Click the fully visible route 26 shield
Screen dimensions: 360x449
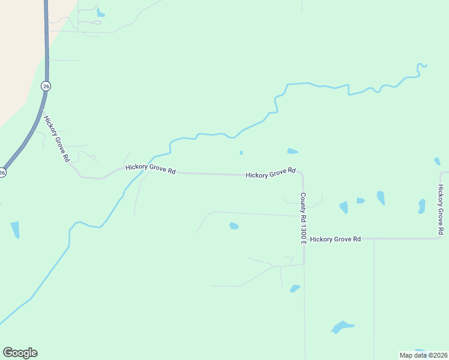coord(46,86)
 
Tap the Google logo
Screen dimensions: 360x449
coord(20,353)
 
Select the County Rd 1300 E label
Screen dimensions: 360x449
coord(304,218)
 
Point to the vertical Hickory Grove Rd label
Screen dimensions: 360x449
coord(441,209)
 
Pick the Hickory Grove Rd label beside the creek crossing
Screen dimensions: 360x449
coord(150,170)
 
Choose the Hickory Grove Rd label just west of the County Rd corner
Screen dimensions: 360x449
coord(271,173)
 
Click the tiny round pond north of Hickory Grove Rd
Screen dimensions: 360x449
coord(241,152)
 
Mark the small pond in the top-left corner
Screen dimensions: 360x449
coord(100,13)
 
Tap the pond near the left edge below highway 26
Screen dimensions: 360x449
coord(15,229)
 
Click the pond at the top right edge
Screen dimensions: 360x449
coord(437,161)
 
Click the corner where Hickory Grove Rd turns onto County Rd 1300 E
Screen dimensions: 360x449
coord(302,174)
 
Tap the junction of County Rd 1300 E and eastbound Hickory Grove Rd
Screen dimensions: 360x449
coord(304,239)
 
